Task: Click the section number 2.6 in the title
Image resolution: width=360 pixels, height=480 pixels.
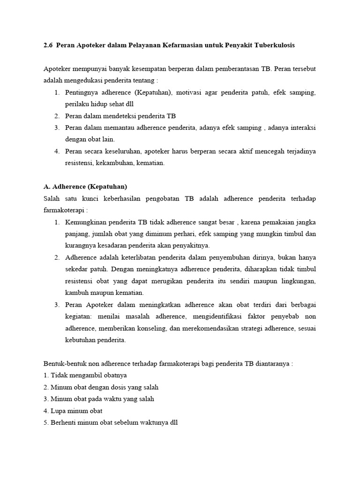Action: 47,45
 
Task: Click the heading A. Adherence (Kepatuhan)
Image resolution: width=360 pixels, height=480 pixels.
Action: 85,187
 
